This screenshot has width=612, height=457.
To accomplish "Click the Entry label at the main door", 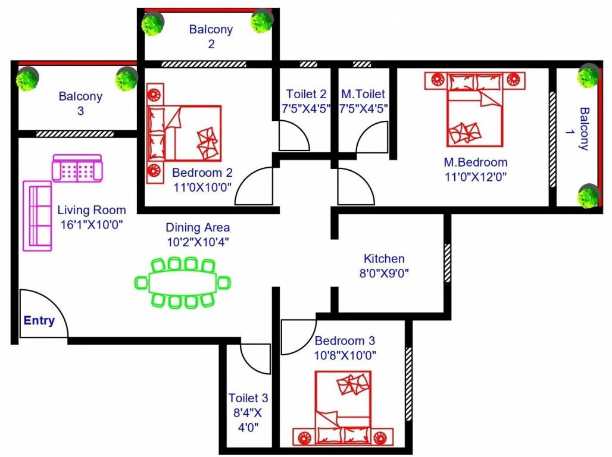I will [x=39, y=321].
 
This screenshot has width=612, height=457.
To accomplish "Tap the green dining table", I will [x=182, y=283].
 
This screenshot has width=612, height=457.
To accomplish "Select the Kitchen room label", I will [x=384, y=259].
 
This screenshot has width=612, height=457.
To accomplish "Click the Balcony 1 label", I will [x=584, y=129].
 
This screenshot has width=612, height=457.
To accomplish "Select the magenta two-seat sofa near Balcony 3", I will [x=77, y=168].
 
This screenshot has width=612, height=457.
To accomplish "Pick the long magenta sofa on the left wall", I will [x=37, y=215].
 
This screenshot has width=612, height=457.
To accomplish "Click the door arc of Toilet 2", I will [x=295, y=136].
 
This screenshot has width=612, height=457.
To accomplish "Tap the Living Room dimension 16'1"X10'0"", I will [x=92, y=225].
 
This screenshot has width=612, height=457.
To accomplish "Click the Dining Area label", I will [x=198, y=227].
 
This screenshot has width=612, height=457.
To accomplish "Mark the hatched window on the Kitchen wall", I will [x=447, y=263].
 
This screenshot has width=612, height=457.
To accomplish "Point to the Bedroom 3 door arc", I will [x=298, y=336].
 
